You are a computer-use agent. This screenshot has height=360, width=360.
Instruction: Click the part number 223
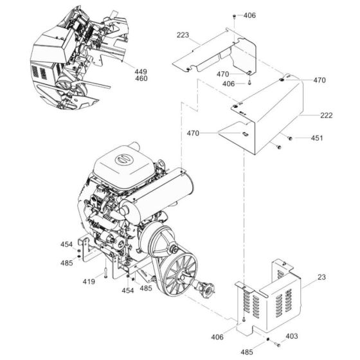coord(183,35)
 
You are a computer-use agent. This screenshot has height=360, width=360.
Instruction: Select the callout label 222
coord(327,115)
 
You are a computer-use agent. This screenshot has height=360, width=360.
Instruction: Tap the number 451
coord(317,138)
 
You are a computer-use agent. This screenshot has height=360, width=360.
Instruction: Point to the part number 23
coord(321,277)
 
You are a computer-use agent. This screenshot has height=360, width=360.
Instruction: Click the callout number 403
coord(292,336)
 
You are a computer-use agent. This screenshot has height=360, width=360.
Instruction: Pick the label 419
coord(89,282)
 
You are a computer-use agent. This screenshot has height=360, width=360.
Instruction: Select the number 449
coord(141,71)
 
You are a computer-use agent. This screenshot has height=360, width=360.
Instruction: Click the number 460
coord(141,78)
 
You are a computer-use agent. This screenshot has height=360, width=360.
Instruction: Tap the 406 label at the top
coord(249,15)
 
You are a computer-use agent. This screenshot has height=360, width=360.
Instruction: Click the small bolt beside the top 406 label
coord(234,16)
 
